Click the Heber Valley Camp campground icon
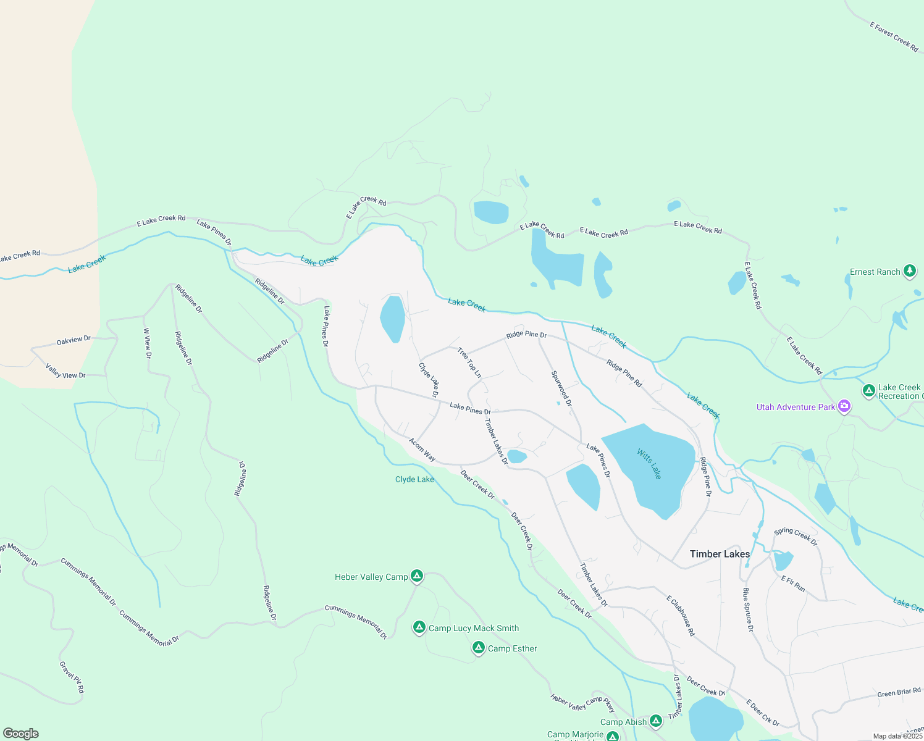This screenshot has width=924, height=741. [417, 576]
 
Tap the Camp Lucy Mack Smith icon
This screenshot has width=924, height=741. [419, 627]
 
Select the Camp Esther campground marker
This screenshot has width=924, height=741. [478, 648]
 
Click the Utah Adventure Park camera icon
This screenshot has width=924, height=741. [844, 407]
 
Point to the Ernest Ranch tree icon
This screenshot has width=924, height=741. [909, 270]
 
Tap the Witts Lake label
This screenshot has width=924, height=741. [649, 464]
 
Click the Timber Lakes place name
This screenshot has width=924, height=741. [720, 554]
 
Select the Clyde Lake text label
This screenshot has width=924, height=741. [414, 479]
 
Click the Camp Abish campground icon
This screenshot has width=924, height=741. [656, 721]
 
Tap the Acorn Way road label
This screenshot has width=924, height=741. [422, 450]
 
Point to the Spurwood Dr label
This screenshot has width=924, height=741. [561, 388]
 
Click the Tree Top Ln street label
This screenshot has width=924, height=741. [469, 362]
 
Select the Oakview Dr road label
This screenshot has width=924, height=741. [73, 340]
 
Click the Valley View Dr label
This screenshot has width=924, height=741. [65, 371]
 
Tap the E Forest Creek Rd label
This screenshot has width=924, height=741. [894, 37]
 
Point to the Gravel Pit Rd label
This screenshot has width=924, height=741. [72, 677]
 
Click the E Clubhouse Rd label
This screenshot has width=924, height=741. [681, 616]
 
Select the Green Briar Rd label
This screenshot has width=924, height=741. [899, 693]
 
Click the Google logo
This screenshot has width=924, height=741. [21, 733]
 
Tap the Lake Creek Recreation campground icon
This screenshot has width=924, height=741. [868, 390]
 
